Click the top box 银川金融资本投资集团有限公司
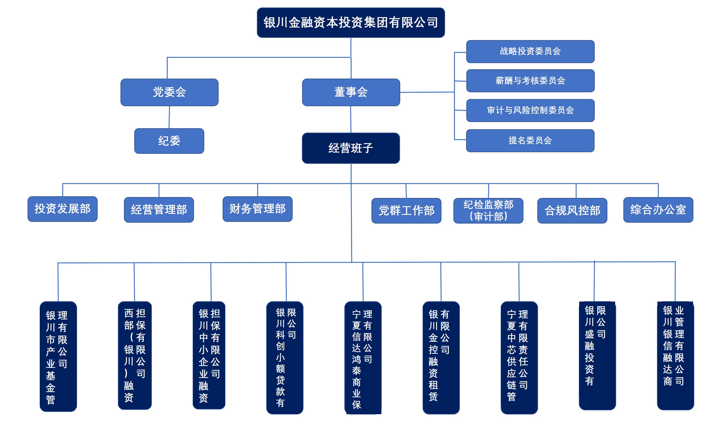351,23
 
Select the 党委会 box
169,92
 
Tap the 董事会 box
351,92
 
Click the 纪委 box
169,141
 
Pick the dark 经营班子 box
351,148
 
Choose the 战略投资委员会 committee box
530,51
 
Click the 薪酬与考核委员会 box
530,81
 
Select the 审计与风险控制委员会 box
530,110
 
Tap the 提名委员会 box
530,141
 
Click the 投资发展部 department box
62,209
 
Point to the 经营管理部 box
159,210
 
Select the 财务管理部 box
257,209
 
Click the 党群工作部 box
406,211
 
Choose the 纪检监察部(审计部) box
488,211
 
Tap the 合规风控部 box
572,211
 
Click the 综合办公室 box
658,210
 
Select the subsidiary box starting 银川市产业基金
58,356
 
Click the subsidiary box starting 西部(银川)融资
135,355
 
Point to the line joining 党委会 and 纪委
169,117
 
